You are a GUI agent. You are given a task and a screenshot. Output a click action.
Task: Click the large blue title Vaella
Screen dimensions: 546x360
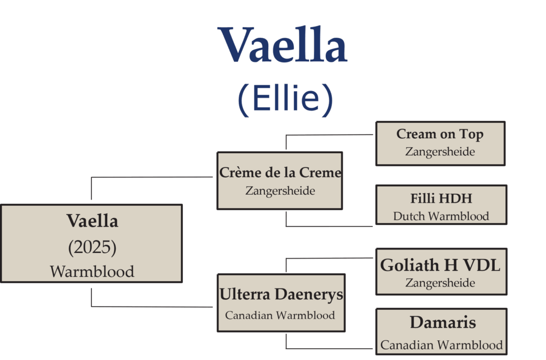click(283, 45)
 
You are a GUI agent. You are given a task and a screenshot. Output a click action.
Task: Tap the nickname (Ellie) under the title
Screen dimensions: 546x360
click(286, 99)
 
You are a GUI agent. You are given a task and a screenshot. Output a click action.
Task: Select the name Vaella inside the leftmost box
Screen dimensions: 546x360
click(92, 221)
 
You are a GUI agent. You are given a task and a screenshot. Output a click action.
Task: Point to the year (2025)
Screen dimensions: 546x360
click(92, 247)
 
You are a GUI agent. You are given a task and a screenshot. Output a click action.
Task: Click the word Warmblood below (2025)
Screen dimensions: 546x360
click(92, 271)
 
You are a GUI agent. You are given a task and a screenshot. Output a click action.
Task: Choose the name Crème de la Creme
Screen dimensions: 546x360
click(280, 172)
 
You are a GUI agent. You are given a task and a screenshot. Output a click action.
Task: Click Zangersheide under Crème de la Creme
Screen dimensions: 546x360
click(280, 191)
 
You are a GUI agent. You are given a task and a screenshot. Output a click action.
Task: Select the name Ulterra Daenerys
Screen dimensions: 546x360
click(282, 294)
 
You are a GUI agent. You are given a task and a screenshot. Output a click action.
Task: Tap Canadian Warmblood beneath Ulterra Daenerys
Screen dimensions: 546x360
click(280, 315)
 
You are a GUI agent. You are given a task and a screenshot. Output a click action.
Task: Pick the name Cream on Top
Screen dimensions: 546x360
click(440, 134)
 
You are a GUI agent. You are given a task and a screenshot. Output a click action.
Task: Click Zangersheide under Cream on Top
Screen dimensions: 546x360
click(440, 152)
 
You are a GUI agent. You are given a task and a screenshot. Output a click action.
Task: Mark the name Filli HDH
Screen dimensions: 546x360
click(441, 198)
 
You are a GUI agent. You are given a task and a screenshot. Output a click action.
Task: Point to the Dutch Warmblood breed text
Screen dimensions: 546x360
click(441, 216)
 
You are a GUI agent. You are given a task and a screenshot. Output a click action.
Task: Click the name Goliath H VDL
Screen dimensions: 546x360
click(440, 265)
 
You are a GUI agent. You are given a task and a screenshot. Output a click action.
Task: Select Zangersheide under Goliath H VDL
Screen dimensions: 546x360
click(440, 283)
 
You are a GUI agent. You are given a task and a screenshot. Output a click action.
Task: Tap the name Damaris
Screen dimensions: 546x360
click(443, 322)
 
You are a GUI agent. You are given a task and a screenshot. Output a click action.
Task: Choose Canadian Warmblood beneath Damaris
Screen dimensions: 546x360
click(441, 345)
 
